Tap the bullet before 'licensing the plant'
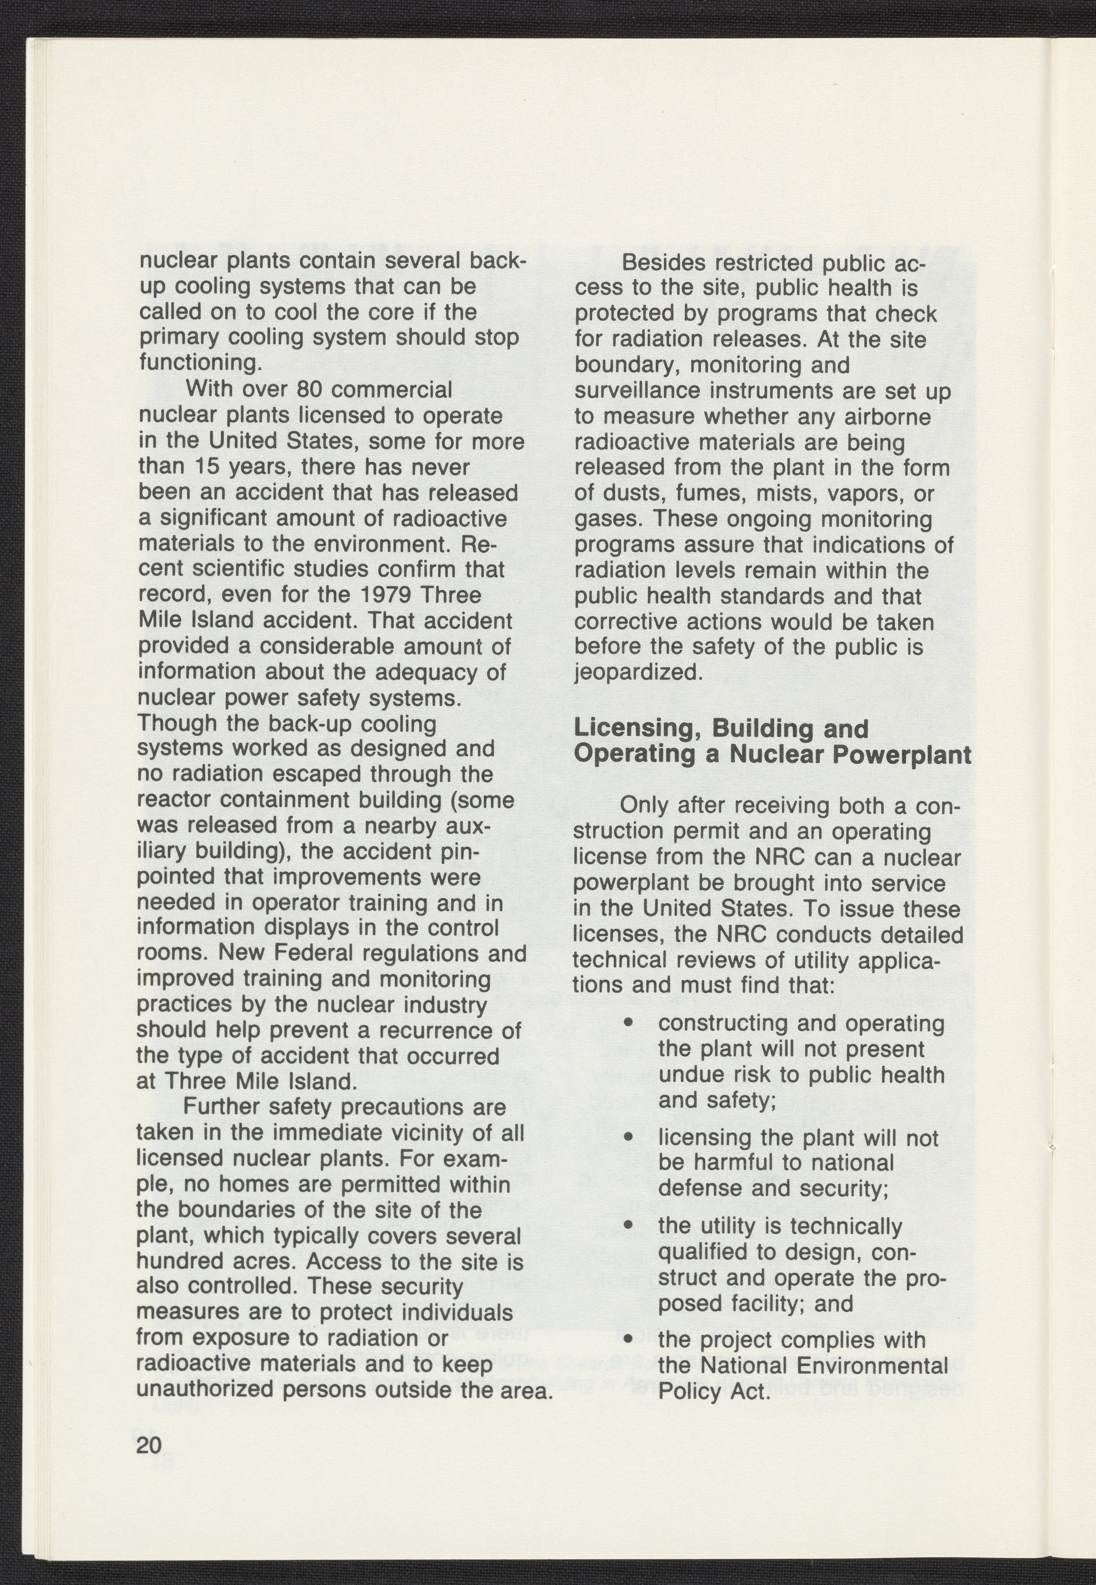tap(627, 1138)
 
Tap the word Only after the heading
tap(645, 806)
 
